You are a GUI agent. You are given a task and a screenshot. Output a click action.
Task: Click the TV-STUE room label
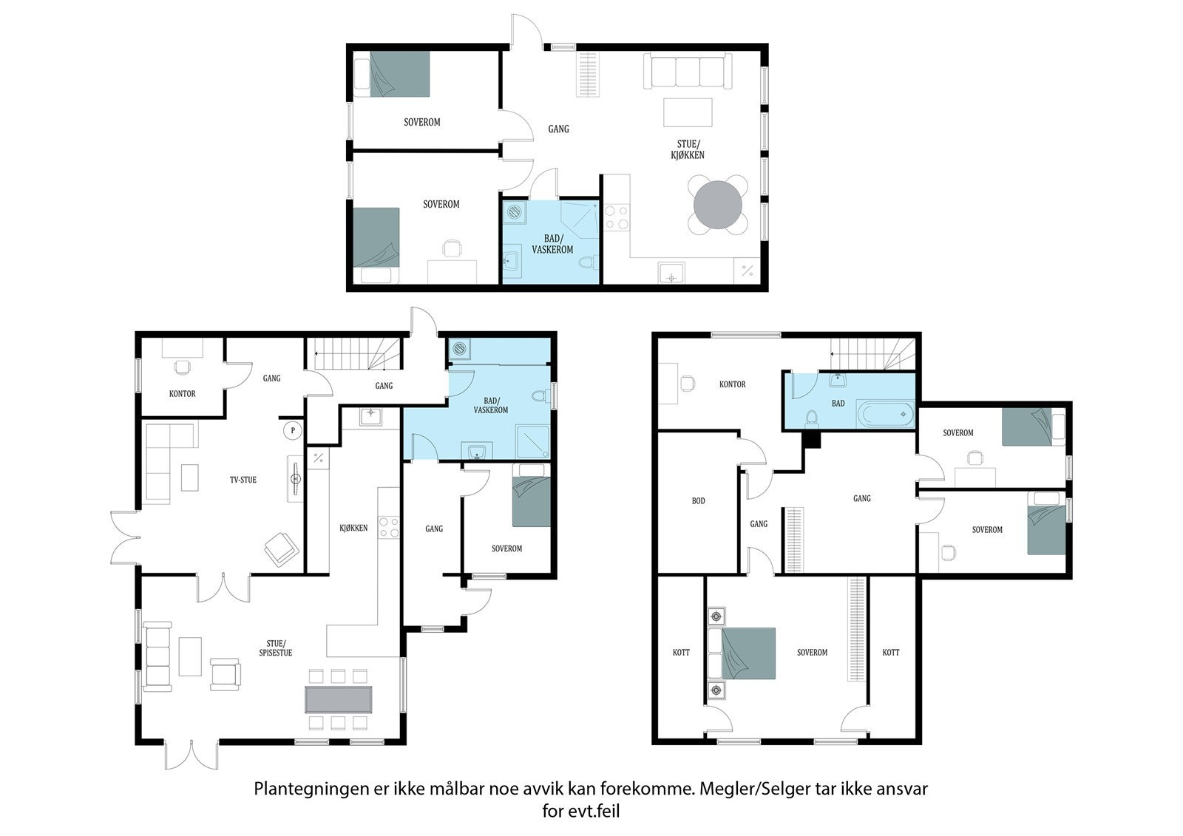coord(243,480)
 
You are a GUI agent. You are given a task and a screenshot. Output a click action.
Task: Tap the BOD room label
coord(698,500)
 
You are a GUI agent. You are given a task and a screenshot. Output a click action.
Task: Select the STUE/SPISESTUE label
coord(275,648)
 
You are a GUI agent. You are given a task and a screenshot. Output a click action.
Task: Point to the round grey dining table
coord(718,205)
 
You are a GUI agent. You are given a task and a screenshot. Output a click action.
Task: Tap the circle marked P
coord(293,430)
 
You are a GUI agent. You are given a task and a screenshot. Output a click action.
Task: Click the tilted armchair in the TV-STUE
coord(282,550)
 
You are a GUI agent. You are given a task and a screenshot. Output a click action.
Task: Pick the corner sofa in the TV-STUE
coord(169,463)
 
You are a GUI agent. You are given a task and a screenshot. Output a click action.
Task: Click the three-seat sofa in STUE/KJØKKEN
coord(688,71)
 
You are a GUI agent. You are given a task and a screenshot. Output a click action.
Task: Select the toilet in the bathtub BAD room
coord(812,418)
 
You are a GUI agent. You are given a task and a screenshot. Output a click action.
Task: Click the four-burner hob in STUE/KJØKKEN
coord(617,217)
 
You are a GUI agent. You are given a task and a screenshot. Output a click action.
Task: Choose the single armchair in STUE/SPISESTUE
coord(226,674)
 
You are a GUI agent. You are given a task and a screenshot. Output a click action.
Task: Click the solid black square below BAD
coord(812,440)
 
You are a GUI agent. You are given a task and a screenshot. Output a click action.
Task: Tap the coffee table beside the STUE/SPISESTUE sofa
coord(190,656)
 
